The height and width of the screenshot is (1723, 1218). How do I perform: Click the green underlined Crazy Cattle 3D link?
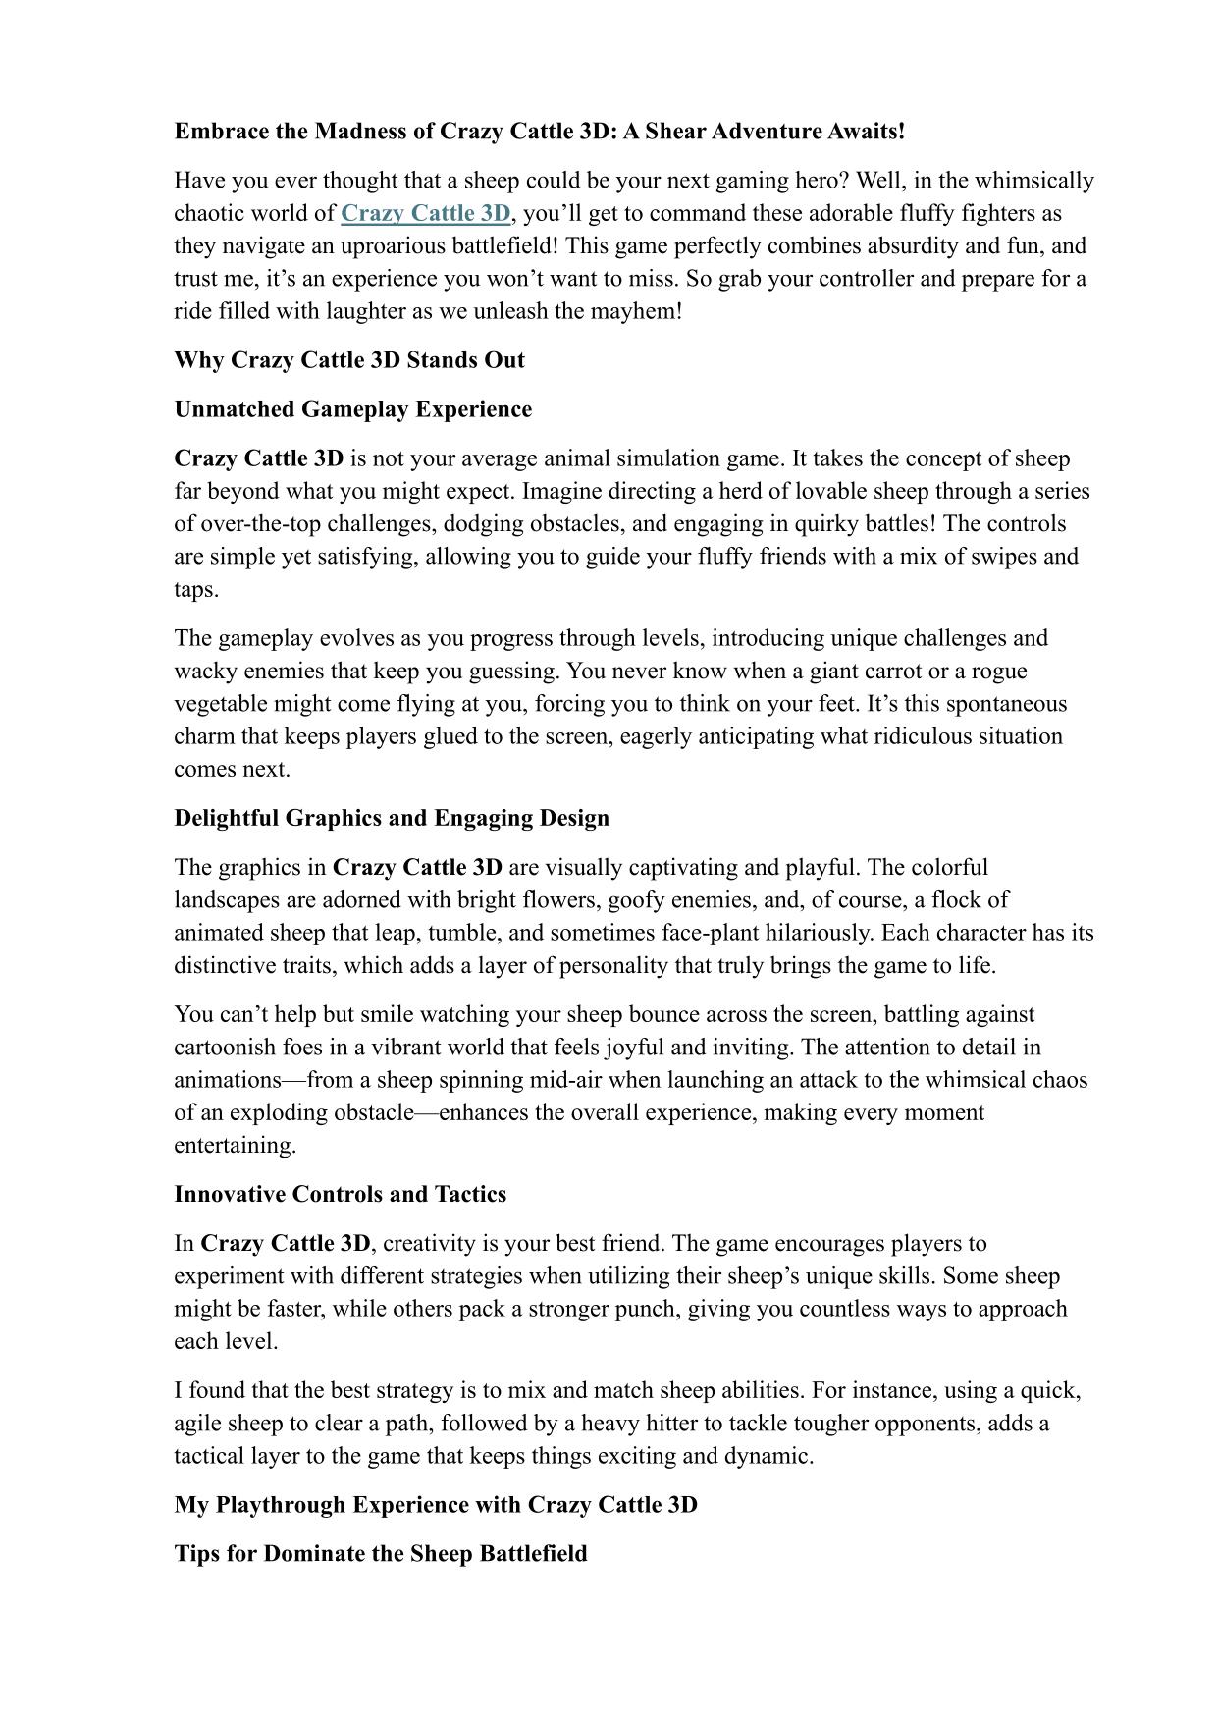click(x=425, y=213)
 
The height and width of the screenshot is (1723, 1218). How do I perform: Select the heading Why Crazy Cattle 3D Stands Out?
click(x=349, y=360)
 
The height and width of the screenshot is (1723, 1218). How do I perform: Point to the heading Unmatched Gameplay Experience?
click(x=353, y=409)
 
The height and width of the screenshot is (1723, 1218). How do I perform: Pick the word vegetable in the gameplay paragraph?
click(x=221, y=704)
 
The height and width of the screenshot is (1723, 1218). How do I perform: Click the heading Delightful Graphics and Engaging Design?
click(x=392, y=818)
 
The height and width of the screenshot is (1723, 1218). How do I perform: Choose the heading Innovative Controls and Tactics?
click(x=341, y=1194)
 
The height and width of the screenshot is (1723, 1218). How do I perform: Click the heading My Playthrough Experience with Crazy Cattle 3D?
click(x=436, y=1505)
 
